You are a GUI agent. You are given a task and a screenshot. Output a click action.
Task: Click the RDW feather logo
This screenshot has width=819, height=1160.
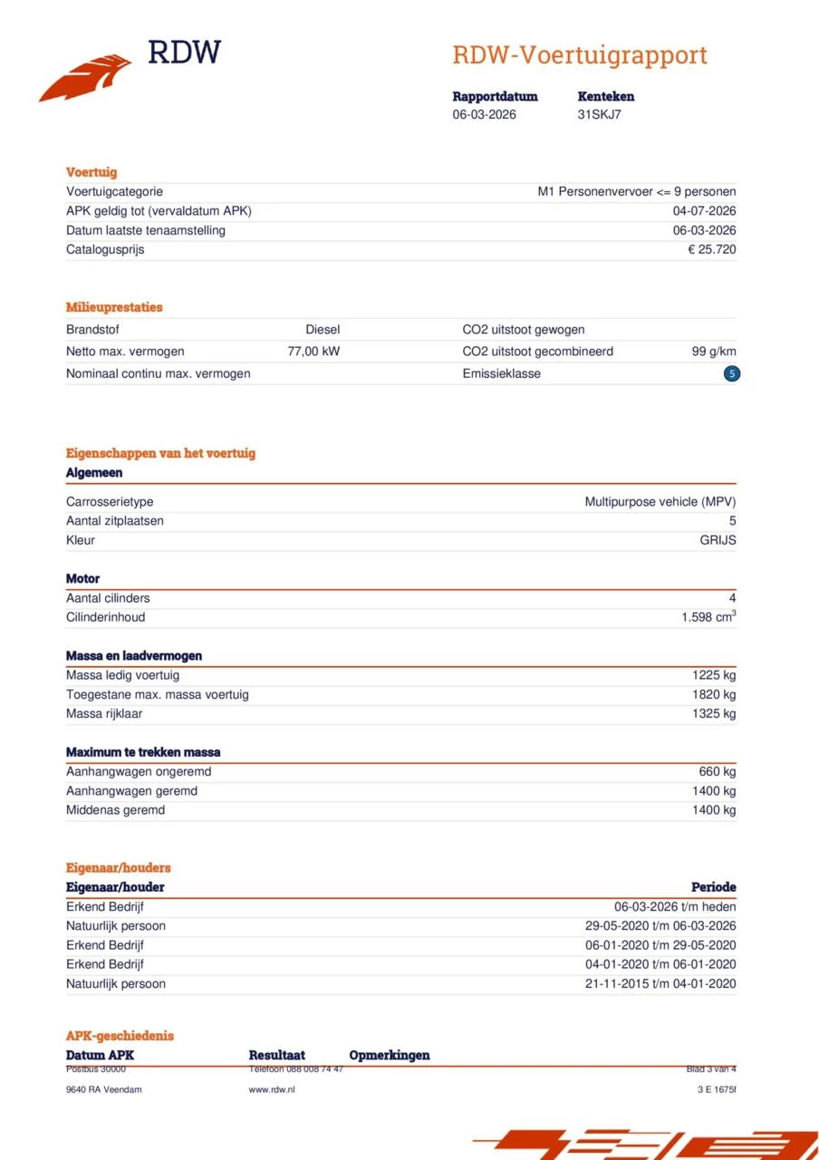(x=86, y=77)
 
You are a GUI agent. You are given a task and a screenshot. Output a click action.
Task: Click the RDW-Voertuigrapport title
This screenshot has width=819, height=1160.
(x=579, y=55)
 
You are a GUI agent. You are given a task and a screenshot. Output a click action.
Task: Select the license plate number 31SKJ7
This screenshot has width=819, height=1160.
(x=599, y=114)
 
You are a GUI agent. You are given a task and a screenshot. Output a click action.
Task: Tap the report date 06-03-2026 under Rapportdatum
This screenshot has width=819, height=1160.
(x=484, y=114)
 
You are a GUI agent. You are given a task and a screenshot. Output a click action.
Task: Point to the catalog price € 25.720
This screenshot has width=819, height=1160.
(x=711, y=249)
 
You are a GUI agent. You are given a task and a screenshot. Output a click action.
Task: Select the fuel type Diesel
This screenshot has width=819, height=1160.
(x=323, y=330)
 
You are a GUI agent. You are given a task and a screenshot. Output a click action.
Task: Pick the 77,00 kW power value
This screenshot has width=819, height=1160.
(x=313, y=352)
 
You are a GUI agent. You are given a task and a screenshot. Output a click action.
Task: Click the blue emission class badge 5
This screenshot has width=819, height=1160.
(x=731, y=373)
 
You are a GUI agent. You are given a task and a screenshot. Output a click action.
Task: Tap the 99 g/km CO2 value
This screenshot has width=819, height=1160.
(x=713, y=352)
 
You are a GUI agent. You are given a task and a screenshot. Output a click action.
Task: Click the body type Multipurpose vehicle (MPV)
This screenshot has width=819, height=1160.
(x=660, y=501)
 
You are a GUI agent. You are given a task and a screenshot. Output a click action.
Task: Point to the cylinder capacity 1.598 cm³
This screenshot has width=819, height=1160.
(x=708, y=617)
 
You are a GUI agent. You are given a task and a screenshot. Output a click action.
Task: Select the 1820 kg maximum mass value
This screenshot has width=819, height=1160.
(x=714, y=694)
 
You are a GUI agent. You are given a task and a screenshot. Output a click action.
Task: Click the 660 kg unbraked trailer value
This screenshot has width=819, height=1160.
(x=717, y=771)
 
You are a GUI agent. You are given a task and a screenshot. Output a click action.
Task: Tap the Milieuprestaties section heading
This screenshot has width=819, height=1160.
(x=114, y=307)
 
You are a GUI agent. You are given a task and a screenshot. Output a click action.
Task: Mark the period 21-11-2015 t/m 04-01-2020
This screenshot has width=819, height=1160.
(x=660, y=983)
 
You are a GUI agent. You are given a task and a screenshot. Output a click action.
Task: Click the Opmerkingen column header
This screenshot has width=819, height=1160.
(x=389, y=1055)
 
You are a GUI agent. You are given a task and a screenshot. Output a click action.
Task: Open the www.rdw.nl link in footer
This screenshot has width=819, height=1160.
(x=271, y=1089)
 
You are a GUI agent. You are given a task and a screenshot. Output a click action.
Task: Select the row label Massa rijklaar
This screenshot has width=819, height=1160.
(x=104, y=713)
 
